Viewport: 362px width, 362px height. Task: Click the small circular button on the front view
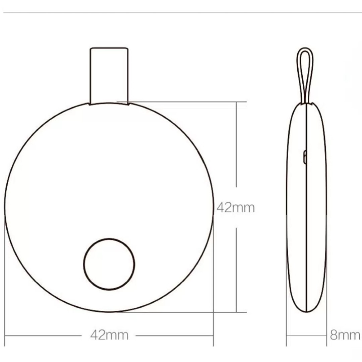coord(109,264)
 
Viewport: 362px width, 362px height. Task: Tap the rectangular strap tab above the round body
coord(109,75)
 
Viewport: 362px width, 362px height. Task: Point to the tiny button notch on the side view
coord(305,157)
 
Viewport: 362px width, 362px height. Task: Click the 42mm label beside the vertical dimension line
coord(236,208)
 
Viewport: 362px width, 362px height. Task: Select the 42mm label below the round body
coord(109,335)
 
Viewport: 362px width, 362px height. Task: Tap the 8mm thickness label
coord(345,335)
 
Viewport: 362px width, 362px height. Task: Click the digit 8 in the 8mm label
coord(334,335)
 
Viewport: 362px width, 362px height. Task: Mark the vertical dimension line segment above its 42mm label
coord(236,144)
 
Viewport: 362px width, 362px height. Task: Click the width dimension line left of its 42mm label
coord(44,335)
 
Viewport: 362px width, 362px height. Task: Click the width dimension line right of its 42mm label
coord(174,335)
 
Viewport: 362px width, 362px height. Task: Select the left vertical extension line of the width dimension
coord(5,285)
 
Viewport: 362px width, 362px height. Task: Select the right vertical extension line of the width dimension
coord(214,285)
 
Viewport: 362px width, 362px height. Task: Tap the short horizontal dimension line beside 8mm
coord(307,335)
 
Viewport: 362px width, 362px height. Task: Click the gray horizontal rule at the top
coord(181,12)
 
